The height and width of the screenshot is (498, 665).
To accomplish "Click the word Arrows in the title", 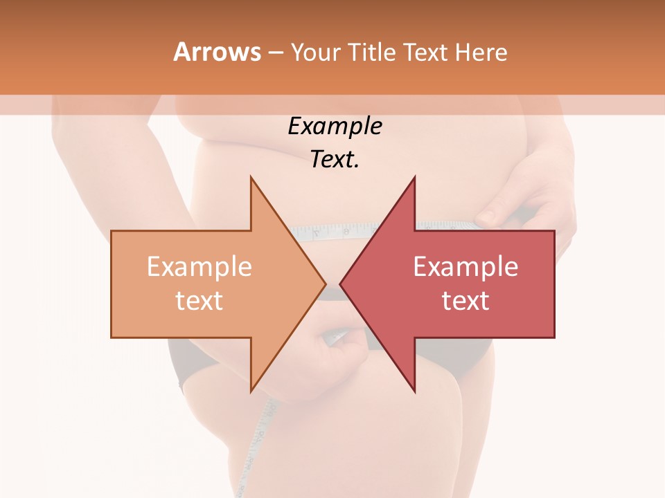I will pyautogui.click(x=217, y=52).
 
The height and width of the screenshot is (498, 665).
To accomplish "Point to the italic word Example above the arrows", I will pyautogui.click(x=335, y=127).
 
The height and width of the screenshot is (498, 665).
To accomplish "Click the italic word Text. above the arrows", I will pyautogui.click(x=335, y=160).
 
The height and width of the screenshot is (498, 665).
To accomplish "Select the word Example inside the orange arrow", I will pyautogui.click(x=199, y=267).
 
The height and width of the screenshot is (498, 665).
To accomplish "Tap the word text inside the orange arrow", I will pyautogui.click(x=199, y=301).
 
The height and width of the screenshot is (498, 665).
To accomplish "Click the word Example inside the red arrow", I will pyautogui.click(x=465, y=267).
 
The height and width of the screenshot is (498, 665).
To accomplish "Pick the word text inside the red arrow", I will pyautogui.click(x=465, y=301).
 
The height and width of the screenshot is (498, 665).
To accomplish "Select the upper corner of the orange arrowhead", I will pyautogui.click(x=251, y=178).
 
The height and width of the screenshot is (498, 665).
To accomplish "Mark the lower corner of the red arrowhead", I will pyautogui.click(x=414, y=391).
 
